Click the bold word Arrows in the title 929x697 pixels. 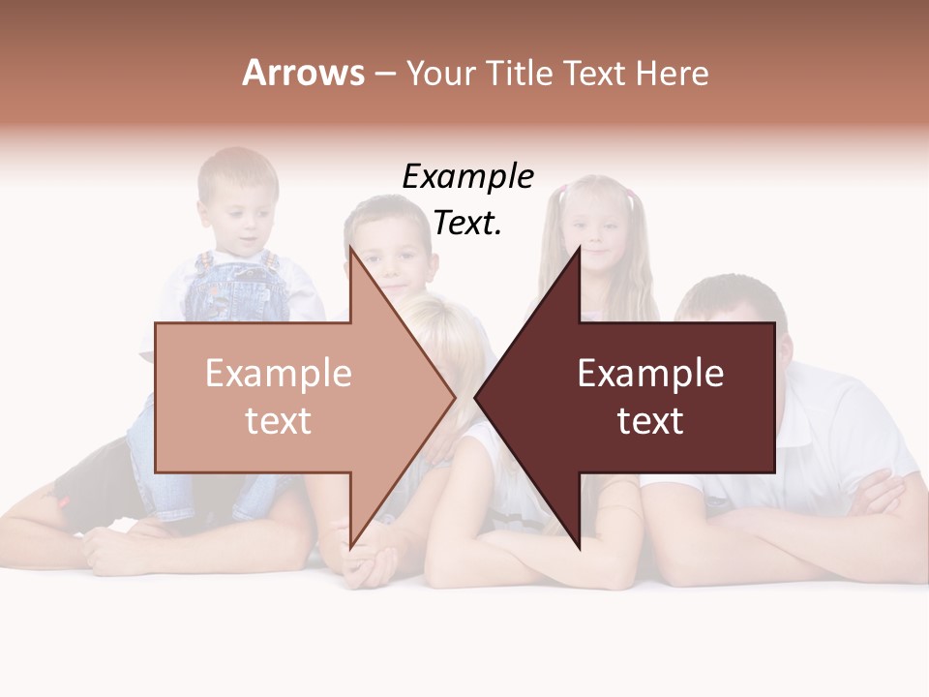[x=303, y=73]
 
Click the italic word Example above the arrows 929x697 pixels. [x=467, y=177]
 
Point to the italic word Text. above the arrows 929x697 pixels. [x=467, y=224]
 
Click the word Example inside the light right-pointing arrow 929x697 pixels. [x=278, y=374]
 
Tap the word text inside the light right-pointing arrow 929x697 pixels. [x=278, y=421]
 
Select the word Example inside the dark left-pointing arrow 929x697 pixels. [x=650, y=374]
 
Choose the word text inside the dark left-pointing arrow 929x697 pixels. [x=650, y=421]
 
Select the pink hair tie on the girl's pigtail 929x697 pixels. [x=633, y=199]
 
